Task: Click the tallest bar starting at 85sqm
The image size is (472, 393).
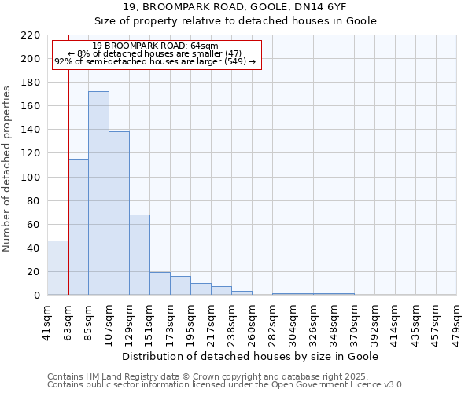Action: pos(98,193)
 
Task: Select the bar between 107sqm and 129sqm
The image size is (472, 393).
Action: pos(119,213)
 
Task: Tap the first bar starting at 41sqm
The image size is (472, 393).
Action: pos(57,268)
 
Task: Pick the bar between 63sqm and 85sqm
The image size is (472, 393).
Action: pos(78,227)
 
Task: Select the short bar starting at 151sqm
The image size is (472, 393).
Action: pos(160,284)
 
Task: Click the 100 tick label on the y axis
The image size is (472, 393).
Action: pos(31,178)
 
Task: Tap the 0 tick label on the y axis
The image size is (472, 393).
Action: pos(37,296)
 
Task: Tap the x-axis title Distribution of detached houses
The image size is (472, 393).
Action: pos(253,356)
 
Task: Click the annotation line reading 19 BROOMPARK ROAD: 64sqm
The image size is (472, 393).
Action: pos(155,46)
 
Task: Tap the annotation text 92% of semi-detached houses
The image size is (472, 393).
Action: pos(155,61)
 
